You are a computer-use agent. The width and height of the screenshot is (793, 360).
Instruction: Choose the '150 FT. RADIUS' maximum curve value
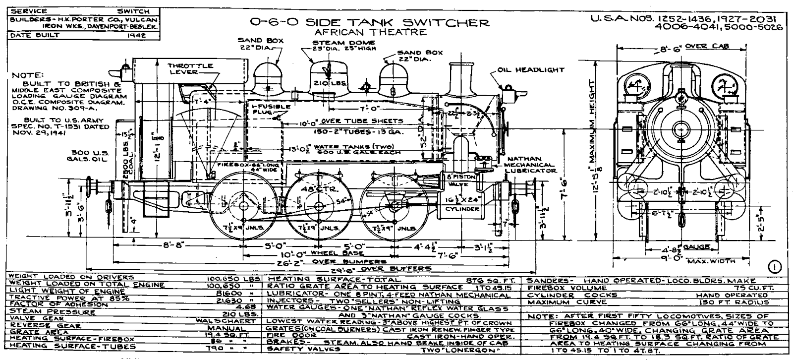(x=742, y=302)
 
